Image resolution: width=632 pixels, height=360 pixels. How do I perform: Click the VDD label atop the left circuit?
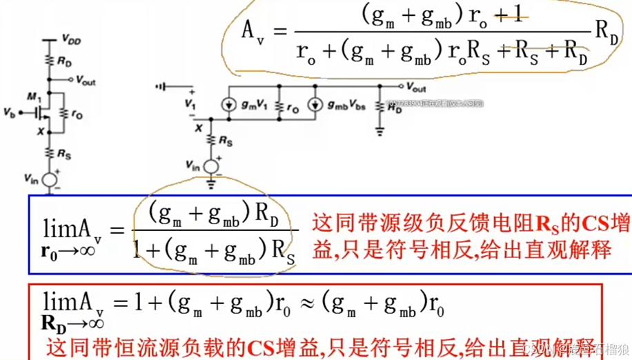[71, 41]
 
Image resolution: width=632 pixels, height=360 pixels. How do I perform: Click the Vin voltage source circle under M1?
[49, 179]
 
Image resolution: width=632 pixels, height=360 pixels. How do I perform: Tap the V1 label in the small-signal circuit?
[190, 103]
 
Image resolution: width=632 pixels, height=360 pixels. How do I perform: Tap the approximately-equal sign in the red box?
[308, 303]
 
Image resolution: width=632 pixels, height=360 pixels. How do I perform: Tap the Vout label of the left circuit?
[86, 81]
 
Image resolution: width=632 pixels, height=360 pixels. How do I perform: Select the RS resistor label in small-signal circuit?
[225, 140]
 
